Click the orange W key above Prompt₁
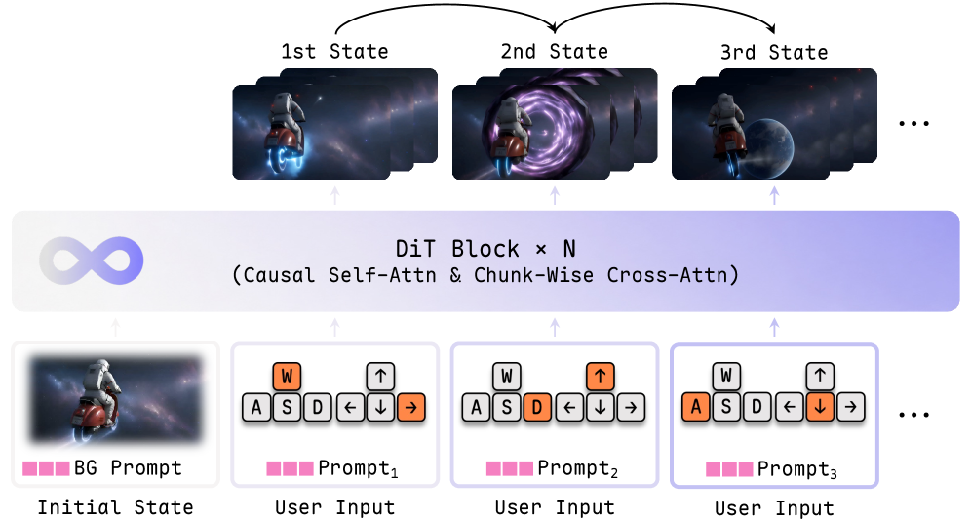coord(287,377)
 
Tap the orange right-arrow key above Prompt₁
coord(411,407)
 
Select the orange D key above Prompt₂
coord(537,407)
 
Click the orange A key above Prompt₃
coord(695,407)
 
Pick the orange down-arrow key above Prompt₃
coord(820,407)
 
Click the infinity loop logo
coord(92,261)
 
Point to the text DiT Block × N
coord(485,249)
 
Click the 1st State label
coord(334,51)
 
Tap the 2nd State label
coord(555,51)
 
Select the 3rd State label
coord(774,52)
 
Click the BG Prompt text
coord(128,467)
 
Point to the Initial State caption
coord(115,507)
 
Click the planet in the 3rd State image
coord(769,147)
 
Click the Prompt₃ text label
coord(797,469)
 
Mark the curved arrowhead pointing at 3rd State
coord(770,28)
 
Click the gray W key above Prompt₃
coord(726,376)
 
